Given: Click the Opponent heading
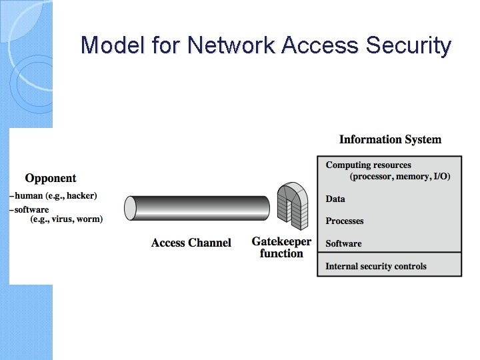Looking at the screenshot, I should [51, 178].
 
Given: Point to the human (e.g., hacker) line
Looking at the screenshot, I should [55, 195].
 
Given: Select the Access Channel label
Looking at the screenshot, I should [191, 243].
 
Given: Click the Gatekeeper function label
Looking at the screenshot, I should [281, 247].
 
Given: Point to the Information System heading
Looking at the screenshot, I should [390, 139].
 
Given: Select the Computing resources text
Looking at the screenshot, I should [368, 165].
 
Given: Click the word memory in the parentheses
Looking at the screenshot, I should [413, 177].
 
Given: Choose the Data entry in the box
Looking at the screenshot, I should [335, 199].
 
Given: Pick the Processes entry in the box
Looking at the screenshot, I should [344, 221].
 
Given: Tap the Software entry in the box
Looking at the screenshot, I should [343, 243].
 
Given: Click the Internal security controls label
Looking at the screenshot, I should [375, 266].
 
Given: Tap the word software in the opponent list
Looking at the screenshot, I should [32, 209].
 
